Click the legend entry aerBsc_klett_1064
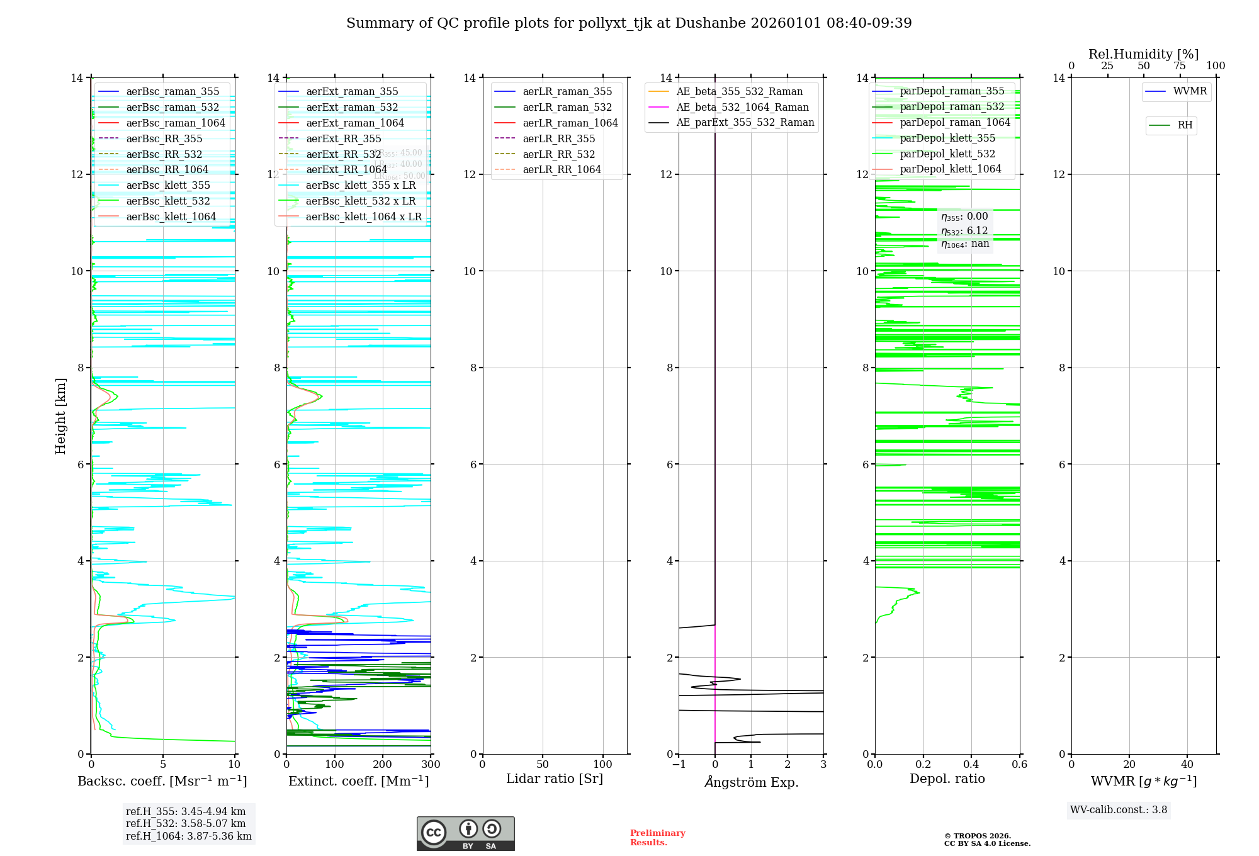[171, 217]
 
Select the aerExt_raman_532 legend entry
[352, 108]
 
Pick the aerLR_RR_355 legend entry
[558, 138]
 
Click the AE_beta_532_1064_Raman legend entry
[742, 108]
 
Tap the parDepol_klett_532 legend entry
[947, 154]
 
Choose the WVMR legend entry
[1189, 91]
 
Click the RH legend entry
[1185, 125]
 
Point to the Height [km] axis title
[60, 416]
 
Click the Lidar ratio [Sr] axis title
[555, 779]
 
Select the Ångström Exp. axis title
[751, 782]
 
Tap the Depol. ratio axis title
[947, 779]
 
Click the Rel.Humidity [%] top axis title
[1143, 54]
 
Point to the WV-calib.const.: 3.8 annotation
[1119, 810]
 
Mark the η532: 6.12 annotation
[964, 231]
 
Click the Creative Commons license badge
[465, 833]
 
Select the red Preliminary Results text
[657, 837]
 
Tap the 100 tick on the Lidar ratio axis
[603, 764]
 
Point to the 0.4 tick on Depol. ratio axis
[971, 764]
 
